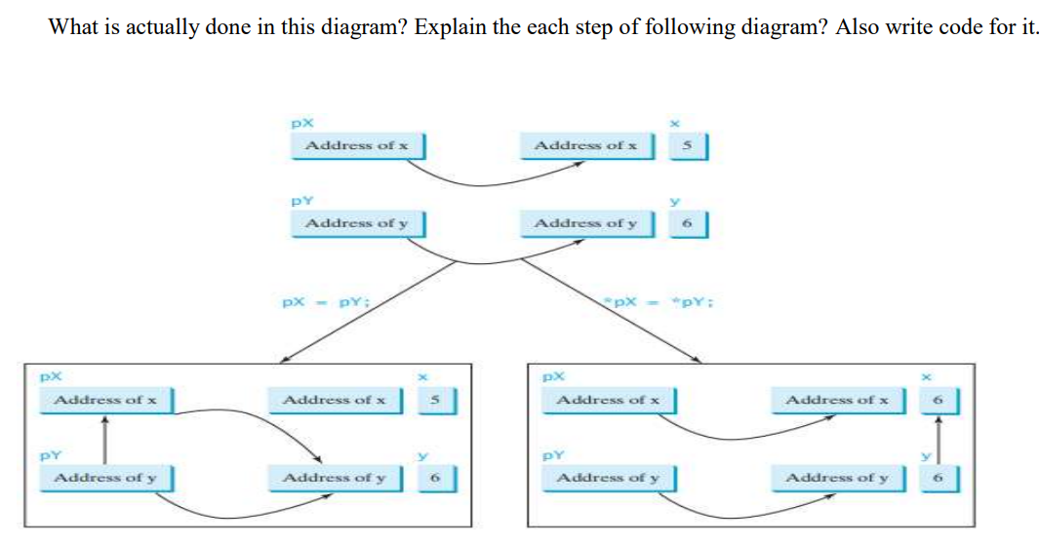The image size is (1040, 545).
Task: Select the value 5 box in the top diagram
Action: tap(687, 146)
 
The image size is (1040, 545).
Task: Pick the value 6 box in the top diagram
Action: tap(687, 224)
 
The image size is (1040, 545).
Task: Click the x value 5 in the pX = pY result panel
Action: tap(437, 400)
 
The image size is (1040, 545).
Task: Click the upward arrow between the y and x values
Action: tap(939, 439)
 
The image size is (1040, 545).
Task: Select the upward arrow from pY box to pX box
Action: tap(105, 439)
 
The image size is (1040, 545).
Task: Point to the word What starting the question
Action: tap(71, 26)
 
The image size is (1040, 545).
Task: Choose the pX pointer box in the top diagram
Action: tap(356, 146)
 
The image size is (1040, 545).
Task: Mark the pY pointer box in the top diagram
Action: tap(356, 224)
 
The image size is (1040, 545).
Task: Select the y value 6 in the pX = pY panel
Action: tap(437, 478)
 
